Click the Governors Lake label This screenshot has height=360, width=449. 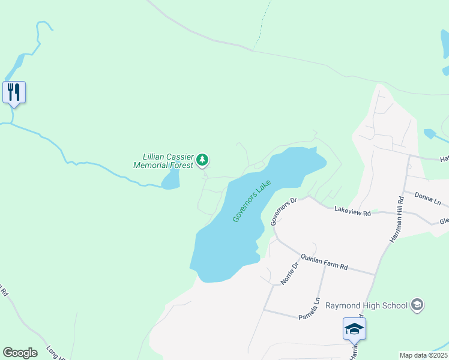tap(252, 202)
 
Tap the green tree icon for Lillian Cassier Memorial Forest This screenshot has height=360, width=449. tap(203, 160)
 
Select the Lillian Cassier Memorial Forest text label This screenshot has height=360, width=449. tap(164, 161)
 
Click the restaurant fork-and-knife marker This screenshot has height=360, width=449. tap(14, 92)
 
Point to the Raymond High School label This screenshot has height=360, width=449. tap(367, 305)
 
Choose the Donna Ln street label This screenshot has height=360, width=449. tap(427, 197)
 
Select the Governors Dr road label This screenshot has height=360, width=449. tap(284, 211)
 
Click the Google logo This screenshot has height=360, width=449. tap(20, 353)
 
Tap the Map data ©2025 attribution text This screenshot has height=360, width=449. tap(423, 355)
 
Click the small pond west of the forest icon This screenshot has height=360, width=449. tap(171, 179)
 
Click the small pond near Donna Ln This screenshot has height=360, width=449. tap(429, 133)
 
